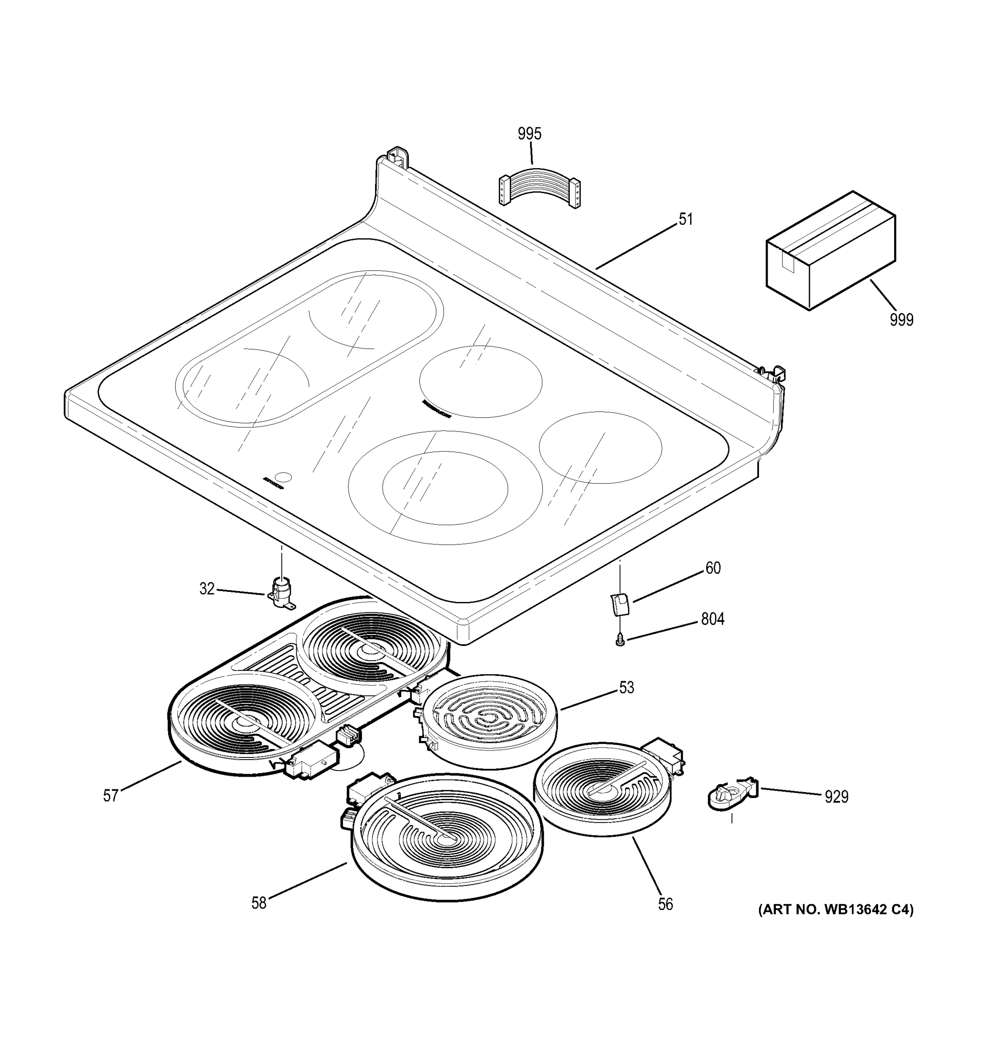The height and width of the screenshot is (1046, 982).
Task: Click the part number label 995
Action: click(529, 134)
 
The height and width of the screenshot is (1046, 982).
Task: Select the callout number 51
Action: click(685, 219)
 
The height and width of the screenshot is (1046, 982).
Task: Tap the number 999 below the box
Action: click(901, 319)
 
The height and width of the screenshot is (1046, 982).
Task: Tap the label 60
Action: click(713, 568)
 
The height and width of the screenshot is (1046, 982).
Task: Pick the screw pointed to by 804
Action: click(620, 641)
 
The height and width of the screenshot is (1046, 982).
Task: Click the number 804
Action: click(712, 619)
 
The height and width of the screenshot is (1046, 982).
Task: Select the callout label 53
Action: click(626, 687)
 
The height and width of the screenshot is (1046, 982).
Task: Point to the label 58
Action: click(259, 903)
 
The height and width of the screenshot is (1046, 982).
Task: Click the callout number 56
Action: click(665, 904)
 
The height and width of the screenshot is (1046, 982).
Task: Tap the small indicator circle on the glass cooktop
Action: click(284, 476)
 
